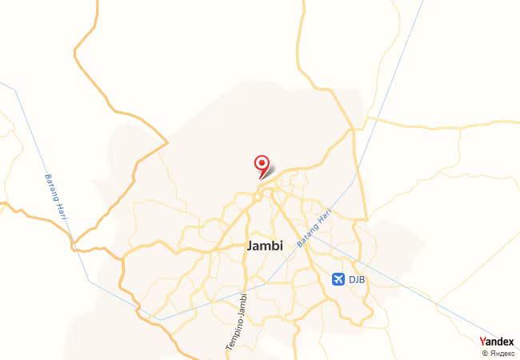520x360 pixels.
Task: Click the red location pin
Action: tap(262, 164)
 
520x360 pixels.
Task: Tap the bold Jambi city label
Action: tap(266, 246)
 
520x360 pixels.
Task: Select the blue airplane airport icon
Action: tap(338, 278)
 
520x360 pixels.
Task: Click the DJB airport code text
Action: tap(358, 278)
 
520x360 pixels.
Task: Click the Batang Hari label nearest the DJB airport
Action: tap(314, 227)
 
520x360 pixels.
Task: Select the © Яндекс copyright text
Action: tap(498, 353)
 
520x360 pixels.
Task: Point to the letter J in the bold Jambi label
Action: tap(252, 246)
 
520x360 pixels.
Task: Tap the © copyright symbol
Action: tap(484, 353)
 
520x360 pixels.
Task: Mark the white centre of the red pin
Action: tap(262, 162)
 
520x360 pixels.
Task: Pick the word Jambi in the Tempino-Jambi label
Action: tap(243, 303)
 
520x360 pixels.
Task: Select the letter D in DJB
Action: tap(351, 278)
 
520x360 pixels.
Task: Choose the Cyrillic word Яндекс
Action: tap(501, 353)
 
